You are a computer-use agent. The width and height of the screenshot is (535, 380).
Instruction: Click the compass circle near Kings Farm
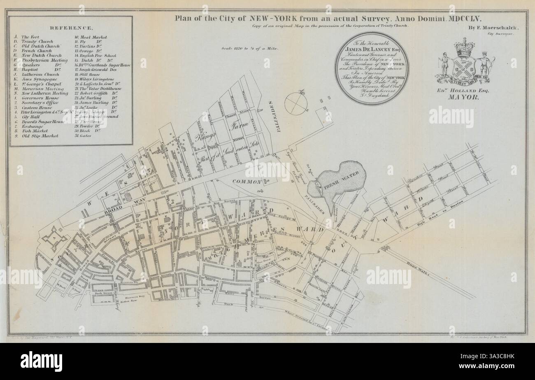coord(296,103)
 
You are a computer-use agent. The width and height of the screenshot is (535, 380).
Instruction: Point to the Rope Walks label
coord(429,266)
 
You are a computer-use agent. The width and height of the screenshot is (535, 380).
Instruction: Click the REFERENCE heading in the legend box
coord(71,28)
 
